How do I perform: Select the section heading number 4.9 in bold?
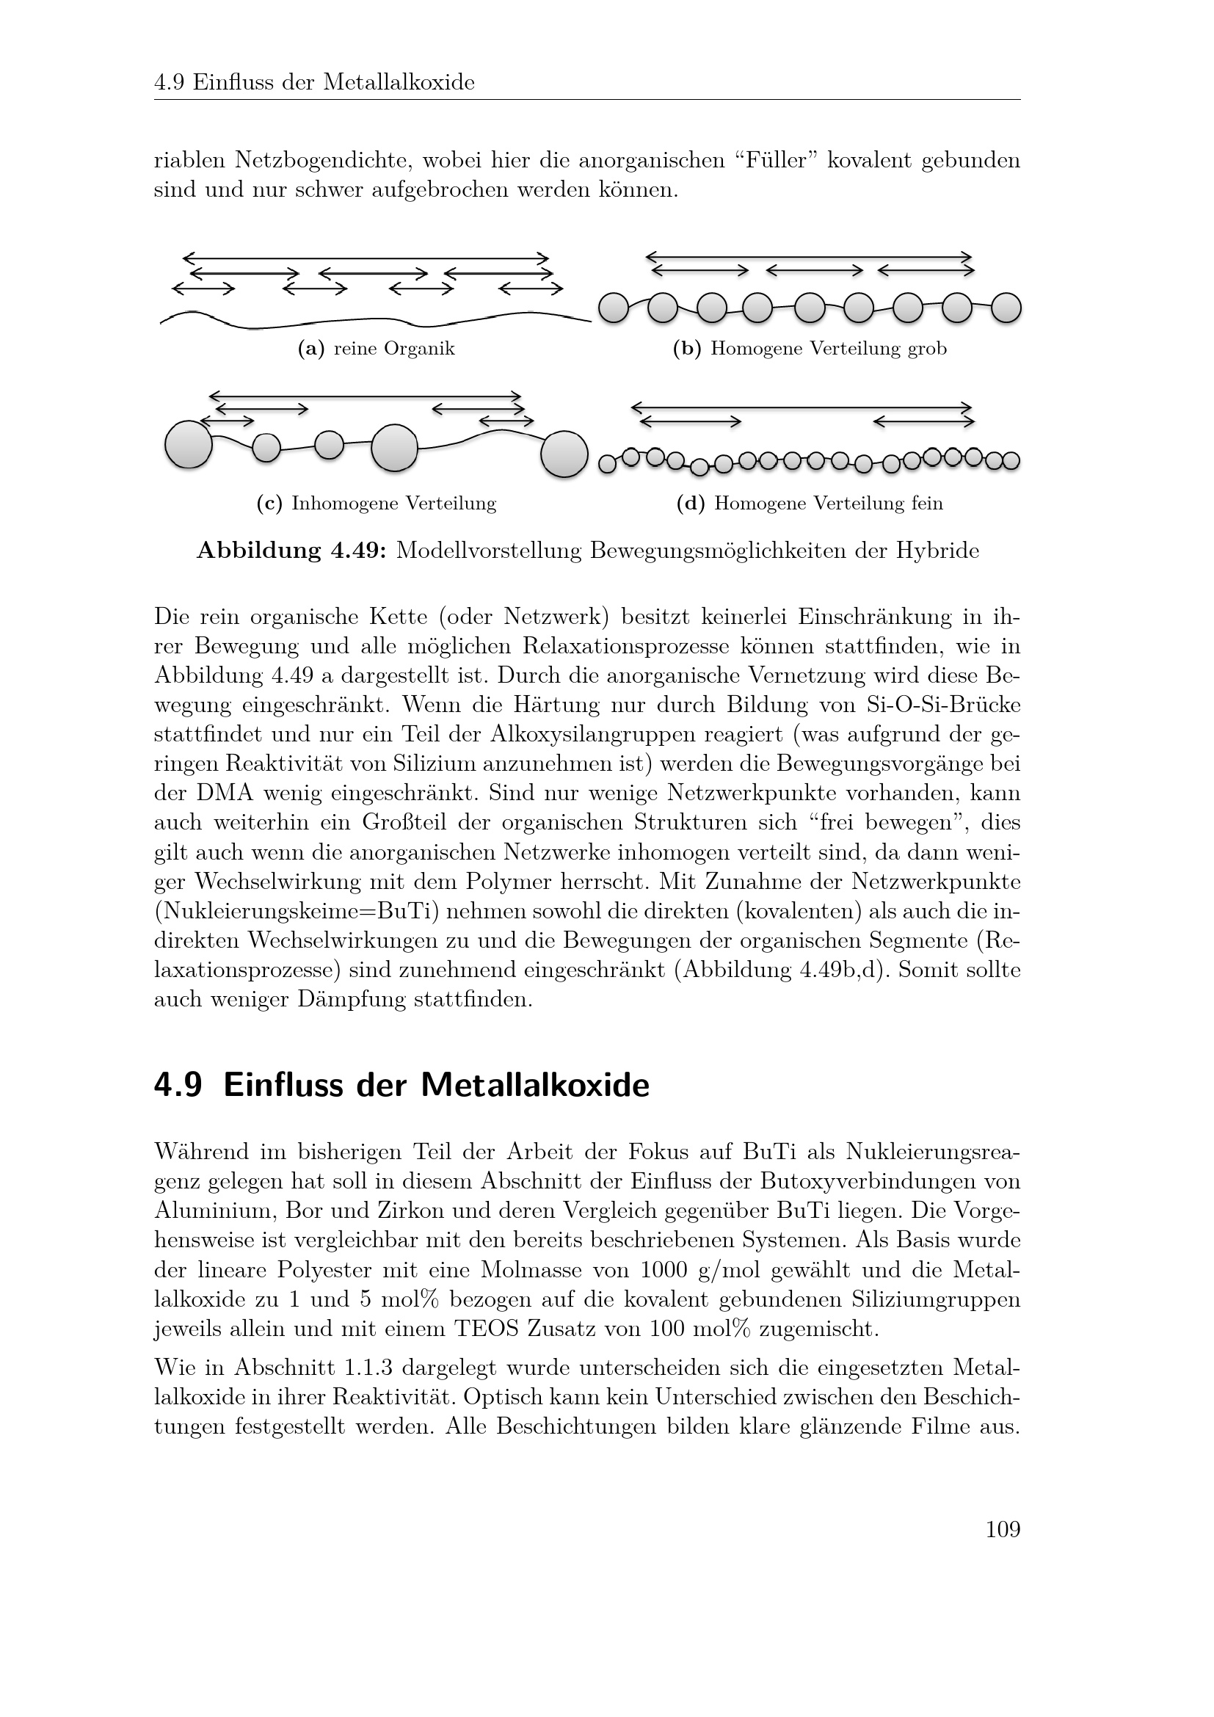pos(178,1086)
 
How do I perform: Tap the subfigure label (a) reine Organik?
pos(376,349)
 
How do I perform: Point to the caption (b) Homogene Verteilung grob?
pos(810,349)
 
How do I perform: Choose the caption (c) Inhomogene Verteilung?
pos(376,504)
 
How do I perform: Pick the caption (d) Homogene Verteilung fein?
pos(810,504)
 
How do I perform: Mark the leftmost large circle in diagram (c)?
pos(189,445)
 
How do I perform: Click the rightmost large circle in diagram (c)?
pos(564,453)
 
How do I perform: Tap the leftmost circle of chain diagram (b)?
pos(614,308)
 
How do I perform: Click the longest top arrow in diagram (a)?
pos(366,258)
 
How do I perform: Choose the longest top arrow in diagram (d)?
pos(802,407)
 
